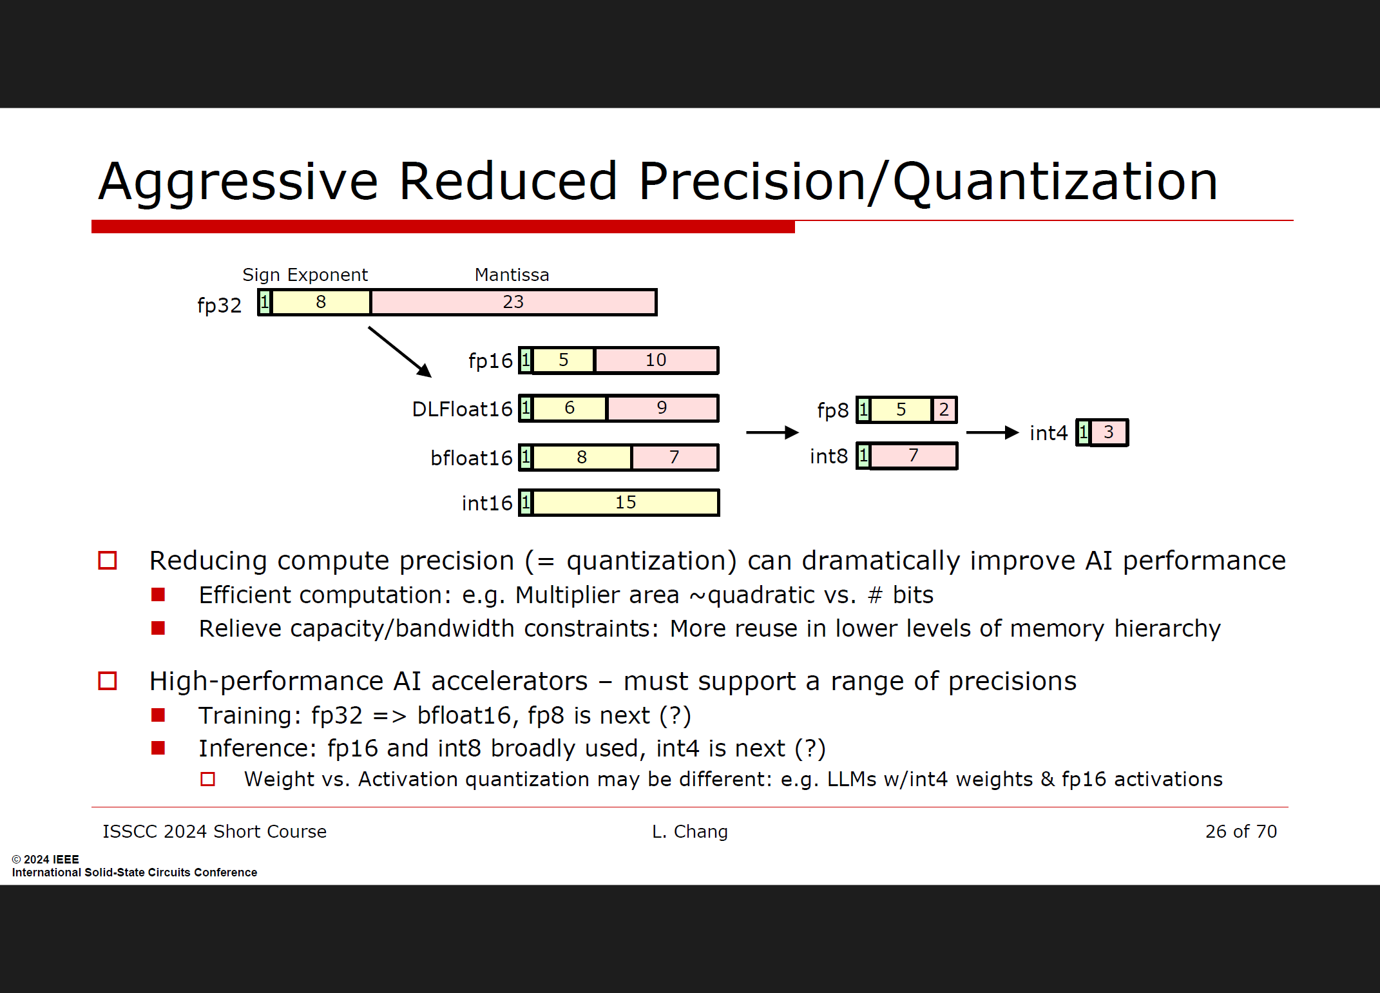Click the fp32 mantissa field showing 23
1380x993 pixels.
coord(513,302)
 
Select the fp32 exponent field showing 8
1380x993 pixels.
coord(321,302)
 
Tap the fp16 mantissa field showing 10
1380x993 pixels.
coord(656,360)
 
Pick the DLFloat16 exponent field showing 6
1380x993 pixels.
coord(570,409)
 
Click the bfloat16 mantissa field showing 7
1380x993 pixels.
coord(675,458)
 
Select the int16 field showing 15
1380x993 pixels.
coord(626,503)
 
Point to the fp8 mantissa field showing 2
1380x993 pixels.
coord(944,410)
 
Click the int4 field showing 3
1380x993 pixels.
coord(1109,432)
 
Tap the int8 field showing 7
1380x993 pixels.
coord(914,456)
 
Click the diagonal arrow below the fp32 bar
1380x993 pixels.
coord(399,352)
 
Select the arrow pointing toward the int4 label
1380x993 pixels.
coord(992,432)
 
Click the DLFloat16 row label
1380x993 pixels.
coord(462,409)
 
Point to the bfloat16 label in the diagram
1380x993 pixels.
coord(471,458)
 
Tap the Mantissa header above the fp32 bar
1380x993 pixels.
coord(512,275)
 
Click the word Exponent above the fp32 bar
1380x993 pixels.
coord(327,275)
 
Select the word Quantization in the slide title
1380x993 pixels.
coord(1055,182)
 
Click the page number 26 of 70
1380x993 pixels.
coord(1241,831)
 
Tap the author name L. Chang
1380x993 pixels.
coord(689,832)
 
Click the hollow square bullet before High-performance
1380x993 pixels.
coord(108,681)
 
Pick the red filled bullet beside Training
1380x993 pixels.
coord(158,715)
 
